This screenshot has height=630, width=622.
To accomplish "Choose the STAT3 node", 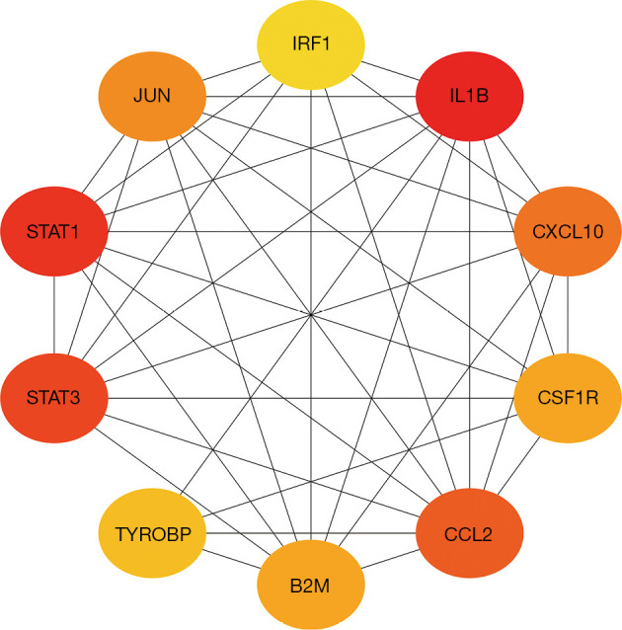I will [53, 398].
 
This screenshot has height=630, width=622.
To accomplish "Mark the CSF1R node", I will [568, 398].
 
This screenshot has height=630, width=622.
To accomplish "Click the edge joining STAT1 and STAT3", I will [53, 316].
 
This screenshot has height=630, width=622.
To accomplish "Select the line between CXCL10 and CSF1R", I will [568, 316].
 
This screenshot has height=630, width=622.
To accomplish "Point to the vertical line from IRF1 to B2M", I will [312, 197].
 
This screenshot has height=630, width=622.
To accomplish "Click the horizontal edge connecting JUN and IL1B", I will [312, 97].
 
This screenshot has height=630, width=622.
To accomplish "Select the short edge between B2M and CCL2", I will [391, 561].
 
